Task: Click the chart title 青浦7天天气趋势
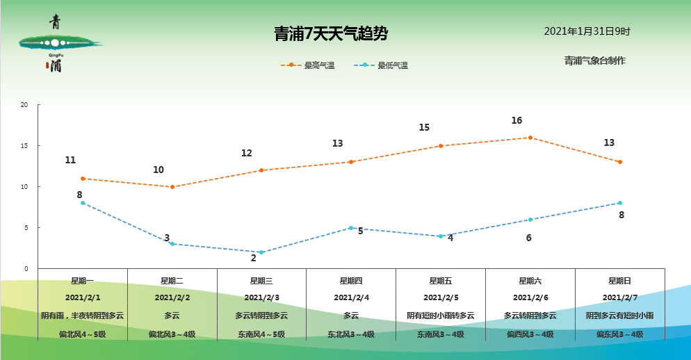[x=330, y=33]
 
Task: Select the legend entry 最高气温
[x=308, y=65]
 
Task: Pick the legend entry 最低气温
[x=381, y=65]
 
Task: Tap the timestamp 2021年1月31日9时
[x=587, y=31]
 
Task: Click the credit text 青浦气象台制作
[x=595, y=60]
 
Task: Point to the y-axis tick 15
[x=24, y=146]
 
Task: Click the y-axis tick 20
[x=24, y=105]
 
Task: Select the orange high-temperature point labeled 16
[x=530, y=138]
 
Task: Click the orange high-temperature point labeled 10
[x=172, y=187]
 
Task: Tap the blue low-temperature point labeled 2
[x=261, y=252]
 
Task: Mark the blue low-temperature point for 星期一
[x=83, y=203]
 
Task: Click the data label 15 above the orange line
[x=424, y=127]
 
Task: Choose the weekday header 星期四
[x=351, y=281]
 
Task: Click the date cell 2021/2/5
[x=441, y=297]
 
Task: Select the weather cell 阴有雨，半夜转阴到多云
[x=83, y=316]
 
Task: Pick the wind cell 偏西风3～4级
[x=530, y=334]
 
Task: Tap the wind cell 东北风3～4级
[x=351, y=334]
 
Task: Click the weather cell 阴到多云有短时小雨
[x=619, y=316]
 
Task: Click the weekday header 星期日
[x=619, y=281]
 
